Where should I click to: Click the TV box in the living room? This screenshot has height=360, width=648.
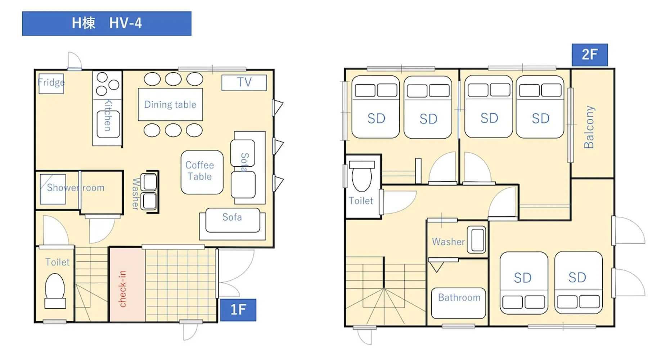click(x=244, y=82)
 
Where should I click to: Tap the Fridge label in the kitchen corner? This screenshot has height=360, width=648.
click(x=51, y=82)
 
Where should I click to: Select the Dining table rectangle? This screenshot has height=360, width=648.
click(x=170, y=104)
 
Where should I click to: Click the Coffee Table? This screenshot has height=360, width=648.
click(x=202, y=172)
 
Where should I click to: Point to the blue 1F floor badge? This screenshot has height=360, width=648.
click(x=238, y=310)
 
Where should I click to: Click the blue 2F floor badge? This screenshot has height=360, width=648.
click(x=590, y=55)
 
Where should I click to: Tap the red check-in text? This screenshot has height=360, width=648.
click(x=122, y=289)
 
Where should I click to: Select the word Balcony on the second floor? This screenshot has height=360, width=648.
click(x=589, y=127)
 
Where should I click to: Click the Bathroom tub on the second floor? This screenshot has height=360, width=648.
click(x=458, y=303)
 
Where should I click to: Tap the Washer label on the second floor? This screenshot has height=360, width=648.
click(x=448, y=242)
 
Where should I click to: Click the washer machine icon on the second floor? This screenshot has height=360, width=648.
click(x=477, y=239)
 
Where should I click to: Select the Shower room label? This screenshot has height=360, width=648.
click(x=76, y=188)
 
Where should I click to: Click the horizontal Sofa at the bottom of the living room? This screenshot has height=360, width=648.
click(x=233, y=224)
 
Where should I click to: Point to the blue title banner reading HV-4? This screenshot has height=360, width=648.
click(x=107, y=23)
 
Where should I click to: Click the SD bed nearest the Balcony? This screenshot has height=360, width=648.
click(x=540, y=107)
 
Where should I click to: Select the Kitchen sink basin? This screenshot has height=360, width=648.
click(x=108, y=124)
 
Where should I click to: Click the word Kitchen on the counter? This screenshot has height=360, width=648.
click(x=108, y=115)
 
